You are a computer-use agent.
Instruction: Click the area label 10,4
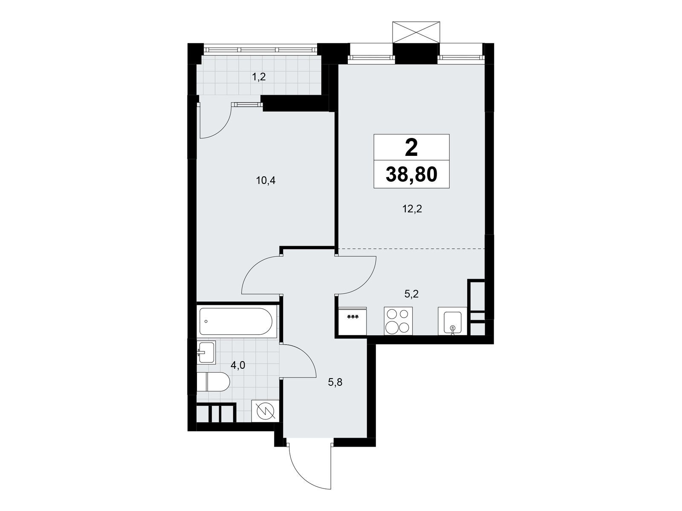pos(266,181)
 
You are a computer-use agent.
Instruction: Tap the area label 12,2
pos(412,209)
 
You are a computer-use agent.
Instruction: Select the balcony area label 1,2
pos(259,77)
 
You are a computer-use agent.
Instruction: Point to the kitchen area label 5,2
pos(412,293)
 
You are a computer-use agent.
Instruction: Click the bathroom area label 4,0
pos(237,365)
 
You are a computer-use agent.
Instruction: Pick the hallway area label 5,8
pos(335,382)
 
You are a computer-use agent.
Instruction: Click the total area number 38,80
pos(411,175)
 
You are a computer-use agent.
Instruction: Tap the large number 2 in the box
pos(411,148)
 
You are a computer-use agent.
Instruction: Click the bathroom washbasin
pos(206,352)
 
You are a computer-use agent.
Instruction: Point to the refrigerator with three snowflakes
pos(353,320)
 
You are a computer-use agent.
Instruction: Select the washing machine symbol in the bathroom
pos(265,411)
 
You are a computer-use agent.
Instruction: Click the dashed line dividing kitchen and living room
pos(412,248)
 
